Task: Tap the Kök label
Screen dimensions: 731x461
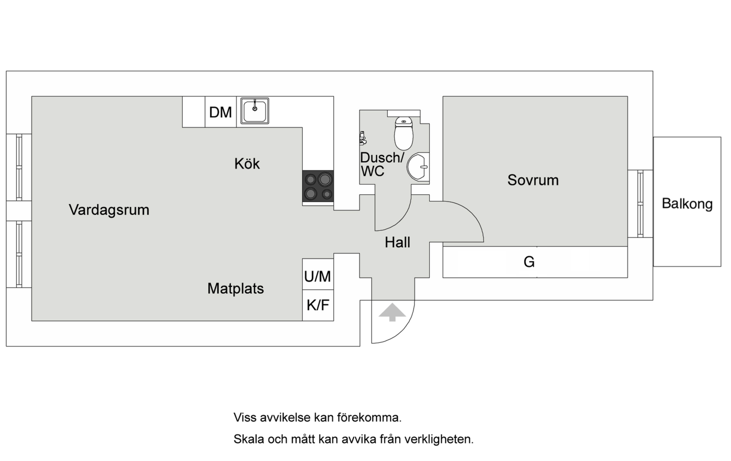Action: [x=247, y=163]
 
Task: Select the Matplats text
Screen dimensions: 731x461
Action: [x=235, y=289]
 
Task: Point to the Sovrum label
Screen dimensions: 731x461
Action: [x=533, y=180]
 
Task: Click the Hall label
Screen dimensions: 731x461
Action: [x=397, y=242]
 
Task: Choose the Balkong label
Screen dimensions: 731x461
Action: [x=687, y=204]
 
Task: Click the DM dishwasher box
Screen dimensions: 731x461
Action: [x=220, y=112]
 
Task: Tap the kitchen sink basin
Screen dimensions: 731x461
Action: [x=255, y=111]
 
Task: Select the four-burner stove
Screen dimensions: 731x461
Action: [x=318, y=186]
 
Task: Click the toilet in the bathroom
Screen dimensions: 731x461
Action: [x=404, y=133]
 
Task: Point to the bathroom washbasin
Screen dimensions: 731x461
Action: [x=418, y=166]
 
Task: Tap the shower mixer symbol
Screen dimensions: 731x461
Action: [x=363, y=138]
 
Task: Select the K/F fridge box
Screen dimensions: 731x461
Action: [x=318, y=305]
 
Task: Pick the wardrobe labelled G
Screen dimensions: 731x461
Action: [x=535, y=262]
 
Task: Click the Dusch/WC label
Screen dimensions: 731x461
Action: [x=382, y=164]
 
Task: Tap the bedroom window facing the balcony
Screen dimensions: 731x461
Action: [x=640, y=204]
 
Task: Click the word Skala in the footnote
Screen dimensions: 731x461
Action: [x=249, y=439]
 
